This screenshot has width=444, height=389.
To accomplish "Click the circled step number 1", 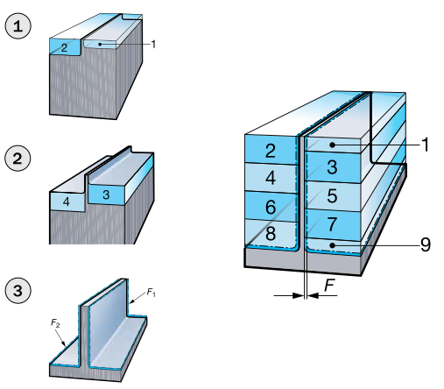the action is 18,26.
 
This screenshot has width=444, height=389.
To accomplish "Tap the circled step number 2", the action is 18,159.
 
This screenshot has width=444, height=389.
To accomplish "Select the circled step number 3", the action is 18,291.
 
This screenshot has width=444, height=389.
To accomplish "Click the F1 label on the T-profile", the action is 151,292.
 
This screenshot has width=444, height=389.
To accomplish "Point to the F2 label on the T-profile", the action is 55,322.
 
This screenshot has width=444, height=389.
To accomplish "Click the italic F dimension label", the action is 329,285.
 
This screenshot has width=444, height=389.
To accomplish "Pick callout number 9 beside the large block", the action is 426,244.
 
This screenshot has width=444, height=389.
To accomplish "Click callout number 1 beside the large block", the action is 426,145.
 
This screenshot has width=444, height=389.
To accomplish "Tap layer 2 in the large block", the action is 271,151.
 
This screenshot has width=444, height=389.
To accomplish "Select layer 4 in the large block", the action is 271,178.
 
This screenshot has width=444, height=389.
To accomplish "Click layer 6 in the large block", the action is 271,207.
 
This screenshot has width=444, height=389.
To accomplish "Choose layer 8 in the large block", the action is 271,233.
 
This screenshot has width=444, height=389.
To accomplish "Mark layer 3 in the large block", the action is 332,167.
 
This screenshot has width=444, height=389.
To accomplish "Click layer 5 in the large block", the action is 332,195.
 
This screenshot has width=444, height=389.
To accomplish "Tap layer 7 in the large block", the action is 332,224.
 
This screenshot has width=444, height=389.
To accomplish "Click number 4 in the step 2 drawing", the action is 67,202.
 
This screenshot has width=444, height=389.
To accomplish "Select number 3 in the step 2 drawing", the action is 106,194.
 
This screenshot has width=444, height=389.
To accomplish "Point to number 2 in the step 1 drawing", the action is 64,47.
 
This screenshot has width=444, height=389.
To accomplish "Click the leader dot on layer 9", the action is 332,245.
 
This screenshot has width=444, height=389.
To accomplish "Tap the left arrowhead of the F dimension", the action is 298,295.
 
